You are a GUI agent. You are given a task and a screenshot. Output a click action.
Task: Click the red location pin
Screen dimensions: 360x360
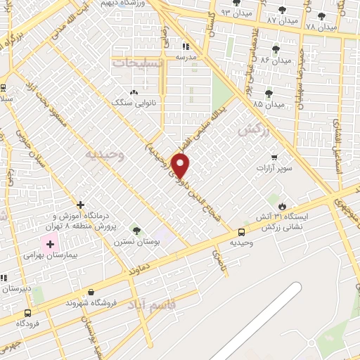pos(181,166)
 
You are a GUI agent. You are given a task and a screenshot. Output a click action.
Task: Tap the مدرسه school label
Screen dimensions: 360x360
pos(186,57)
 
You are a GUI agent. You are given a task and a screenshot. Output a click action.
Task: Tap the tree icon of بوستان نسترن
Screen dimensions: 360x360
pos(136,230)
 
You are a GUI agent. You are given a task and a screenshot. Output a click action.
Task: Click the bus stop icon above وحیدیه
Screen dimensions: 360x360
pos(242,232)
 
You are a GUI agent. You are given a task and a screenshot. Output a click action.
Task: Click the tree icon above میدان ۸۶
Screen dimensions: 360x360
pos(274,49)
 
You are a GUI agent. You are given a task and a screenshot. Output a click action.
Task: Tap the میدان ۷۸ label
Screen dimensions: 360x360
pos(322,26)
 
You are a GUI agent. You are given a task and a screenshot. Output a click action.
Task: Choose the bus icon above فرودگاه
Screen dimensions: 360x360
pos(27,314)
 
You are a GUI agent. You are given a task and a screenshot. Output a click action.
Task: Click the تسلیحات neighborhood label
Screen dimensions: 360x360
pos(136,62)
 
